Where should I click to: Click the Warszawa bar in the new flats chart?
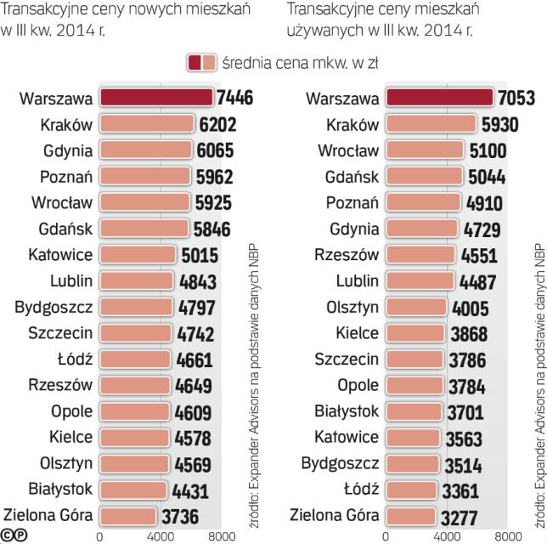click(156, 98)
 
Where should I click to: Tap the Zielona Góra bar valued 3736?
click(129, 514)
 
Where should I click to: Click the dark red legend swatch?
click(195, 62)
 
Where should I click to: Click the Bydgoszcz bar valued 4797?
click(136, 306)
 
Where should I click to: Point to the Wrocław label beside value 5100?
click(348, 150)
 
